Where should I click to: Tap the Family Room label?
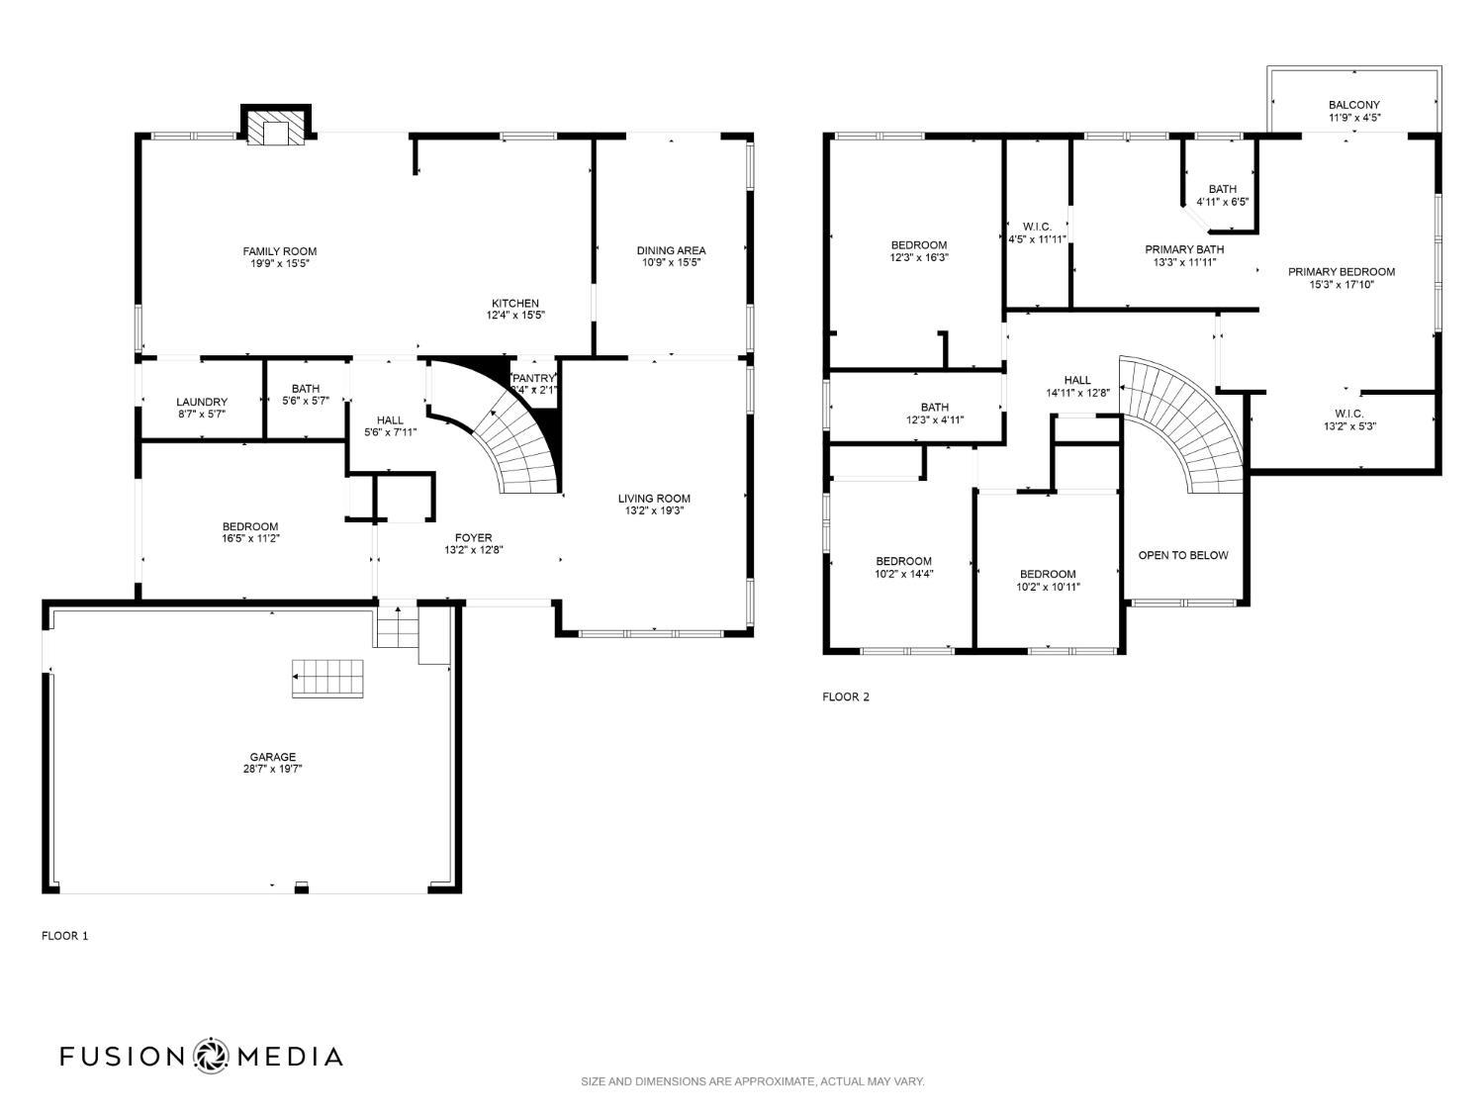[280, 251]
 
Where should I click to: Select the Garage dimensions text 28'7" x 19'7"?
[272, 769]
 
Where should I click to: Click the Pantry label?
[534, 378]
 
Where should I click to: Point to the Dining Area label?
[671, 250]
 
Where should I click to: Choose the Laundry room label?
[202, 402]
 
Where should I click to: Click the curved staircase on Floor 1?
[514, 445]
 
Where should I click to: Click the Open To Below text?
[1182, 555]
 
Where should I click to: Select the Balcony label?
[1353, 105]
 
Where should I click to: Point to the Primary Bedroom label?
[1341, 272]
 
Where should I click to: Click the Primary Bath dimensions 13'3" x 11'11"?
[1184, 262]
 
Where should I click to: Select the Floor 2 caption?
[845, 696]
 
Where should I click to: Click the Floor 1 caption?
[64, 935]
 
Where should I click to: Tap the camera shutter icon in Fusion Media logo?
[211, 1056]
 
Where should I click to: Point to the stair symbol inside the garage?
[327, 679]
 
